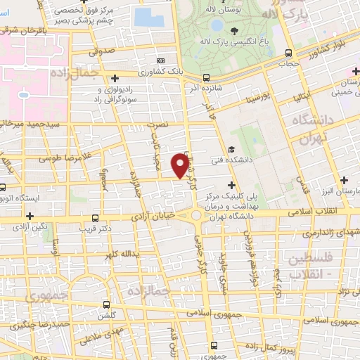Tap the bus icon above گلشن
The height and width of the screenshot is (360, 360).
pyautogui.click(x=106, y=304)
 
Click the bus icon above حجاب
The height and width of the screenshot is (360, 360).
pyautogui.click(x=288, y=53)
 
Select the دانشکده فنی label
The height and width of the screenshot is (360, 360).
pyautogui.click(x=228, y=161)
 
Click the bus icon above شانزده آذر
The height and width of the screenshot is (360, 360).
pyautogui.click(x=205, y=77)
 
